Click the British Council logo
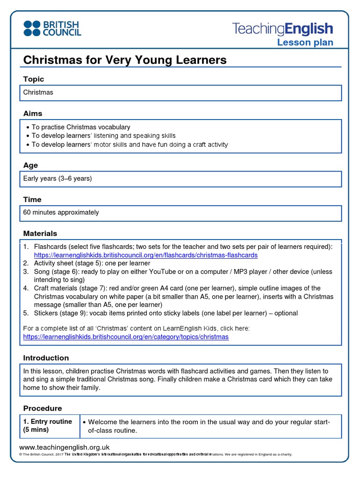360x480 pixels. (x=52, y=28)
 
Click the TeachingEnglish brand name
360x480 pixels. (x=283, y=29)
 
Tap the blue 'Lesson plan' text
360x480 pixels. (x=305, y=43)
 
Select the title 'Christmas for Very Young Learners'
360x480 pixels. (x=125, y=60)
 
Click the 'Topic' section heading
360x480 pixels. (x=34, y=79)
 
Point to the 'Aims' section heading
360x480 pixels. (x=33, y=113)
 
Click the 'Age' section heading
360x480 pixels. (x=30, y=165)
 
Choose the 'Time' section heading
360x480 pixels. (x=32, y=199)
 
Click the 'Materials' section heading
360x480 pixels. (x=40, y=233)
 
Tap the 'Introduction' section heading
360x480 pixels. (x=46, y=358)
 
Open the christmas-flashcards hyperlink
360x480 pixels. (x=146, y=255)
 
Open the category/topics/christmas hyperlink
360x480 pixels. (x=126, y=337)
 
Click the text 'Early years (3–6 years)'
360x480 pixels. (x=58, y=179)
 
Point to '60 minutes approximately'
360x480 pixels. (x=61, y=212)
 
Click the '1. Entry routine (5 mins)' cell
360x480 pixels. (x=48, y=426)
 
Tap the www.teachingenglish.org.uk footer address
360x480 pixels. (x=64, y=447)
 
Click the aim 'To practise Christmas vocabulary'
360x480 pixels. (x=81, y=127)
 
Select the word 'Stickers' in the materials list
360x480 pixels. (x=47, y=313)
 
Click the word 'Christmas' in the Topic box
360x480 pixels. (x=38, y=92)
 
